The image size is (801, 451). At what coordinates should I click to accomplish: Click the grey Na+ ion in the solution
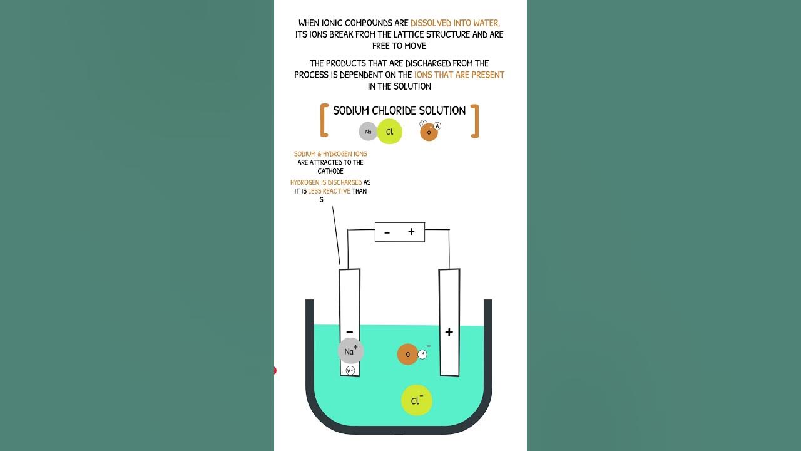tap(350, 351)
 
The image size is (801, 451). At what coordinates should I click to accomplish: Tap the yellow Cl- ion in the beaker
tap(417, 400)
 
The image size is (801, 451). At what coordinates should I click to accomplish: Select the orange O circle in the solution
tap(407, 355)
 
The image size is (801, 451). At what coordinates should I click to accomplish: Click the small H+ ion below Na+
tap(350, 370)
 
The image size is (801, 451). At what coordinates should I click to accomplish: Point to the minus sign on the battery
tap(387, 232)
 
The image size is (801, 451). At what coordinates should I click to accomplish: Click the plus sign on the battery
tap(411, 232)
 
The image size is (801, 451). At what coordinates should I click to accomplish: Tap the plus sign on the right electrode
tap(449, 333)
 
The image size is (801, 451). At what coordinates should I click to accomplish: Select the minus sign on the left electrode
tap(349, 332)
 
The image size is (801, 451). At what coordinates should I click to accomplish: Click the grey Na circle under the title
tap(368, 132)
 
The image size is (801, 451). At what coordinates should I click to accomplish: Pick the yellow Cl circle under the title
tap(389, 132)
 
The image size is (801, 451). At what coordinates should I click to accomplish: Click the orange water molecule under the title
tap(429, 132)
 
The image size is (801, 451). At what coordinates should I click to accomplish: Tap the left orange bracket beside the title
tap(324, 121)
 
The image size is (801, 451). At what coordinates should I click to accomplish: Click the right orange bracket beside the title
tap(475, 121)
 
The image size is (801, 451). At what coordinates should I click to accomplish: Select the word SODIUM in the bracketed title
tap(351, 111)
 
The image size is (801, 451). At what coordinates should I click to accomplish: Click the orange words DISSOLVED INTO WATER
tap(455, 23)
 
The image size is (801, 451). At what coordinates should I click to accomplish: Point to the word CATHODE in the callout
tap(330, 171)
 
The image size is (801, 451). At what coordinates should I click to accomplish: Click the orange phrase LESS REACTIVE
tap(329, 191)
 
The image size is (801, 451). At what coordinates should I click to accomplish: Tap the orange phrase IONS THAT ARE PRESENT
tap(459, 75)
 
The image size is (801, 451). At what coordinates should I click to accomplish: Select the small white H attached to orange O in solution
tap(422, 354)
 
